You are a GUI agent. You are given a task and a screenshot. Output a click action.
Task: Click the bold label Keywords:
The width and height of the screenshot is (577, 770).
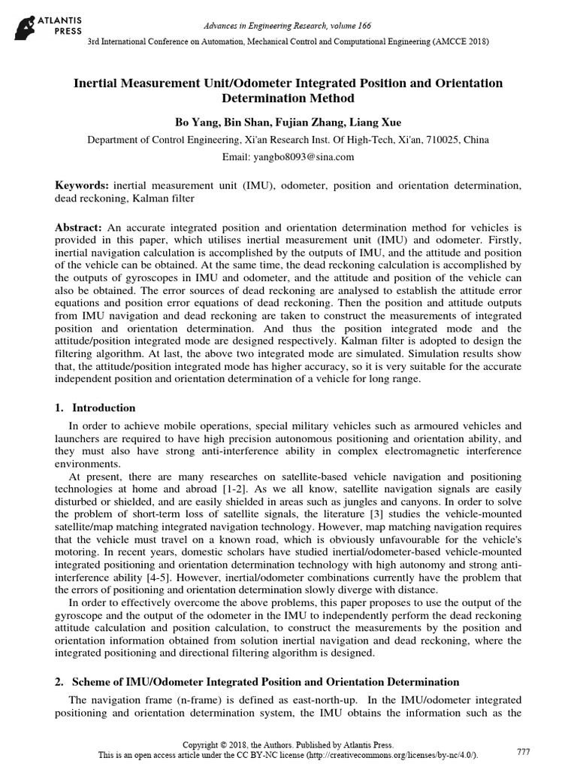(83, 185)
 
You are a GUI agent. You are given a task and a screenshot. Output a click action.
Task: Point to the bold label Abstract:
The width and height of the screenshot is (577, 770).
(80, 227)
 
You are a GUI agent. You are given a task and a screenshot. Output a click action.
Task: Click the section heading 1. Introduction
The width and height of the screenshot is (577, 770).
(96, 408)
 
